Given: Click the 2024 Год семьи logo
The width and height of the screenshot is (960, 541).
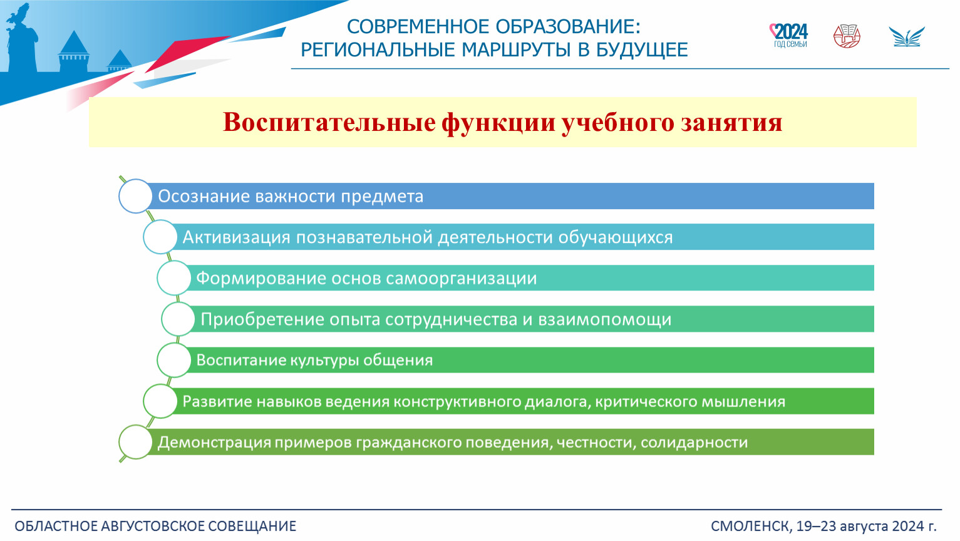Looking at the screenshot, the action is (x=788, y=36).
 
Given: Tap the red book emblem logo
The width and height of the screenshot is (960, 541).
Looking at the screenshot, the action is (x=847, y=36).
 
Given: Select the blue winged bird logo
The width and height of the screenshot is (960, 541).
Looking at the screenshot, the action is (x=907, y=37).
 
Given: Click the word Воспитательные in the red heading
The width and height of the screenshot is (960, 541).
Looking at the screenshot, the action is (x=329, y=122).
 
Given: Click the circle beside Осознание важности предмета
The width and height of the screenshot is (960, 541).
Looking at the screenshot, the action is (x=135, y=196).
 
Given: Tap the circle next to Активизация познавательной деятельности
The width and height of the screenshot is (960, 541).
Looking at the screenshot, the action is (x=160, y=237).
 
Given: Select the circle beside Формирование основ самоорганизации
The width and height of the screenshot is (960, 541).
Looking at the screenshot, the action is (x=174, y=278).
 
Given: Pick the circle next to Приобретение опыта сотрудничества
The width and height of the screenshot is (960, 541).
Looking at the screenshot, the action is (x=178, y=319).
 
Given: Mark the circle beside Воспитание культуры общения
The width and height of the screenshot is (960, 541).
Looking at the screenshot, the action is (x=174, y=360).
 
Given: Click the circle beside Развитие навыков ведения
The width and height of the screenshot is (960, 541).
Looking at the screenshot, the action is (x=160, y=401).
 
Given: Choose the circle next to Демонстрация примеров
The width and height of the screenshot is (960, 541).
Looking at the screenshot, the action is (x=135, y=442).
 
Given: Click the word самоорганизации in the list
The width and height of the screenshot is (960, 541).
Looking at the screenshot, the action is (x=461, y=279).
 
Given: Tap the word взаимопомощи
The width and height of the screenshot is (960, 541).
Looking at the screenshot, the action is (x=605, y=320).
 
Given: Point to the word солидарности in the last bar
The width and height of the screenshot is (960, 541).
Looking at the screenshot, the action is (x=694, y=443).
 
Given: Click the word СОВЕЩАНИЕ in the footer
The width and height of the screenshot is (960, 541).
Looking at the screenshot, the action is (x=252, y=526).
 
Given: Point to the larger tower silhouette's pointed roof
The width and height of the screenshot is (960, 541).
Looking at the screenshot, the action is (x=74, y=41).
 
